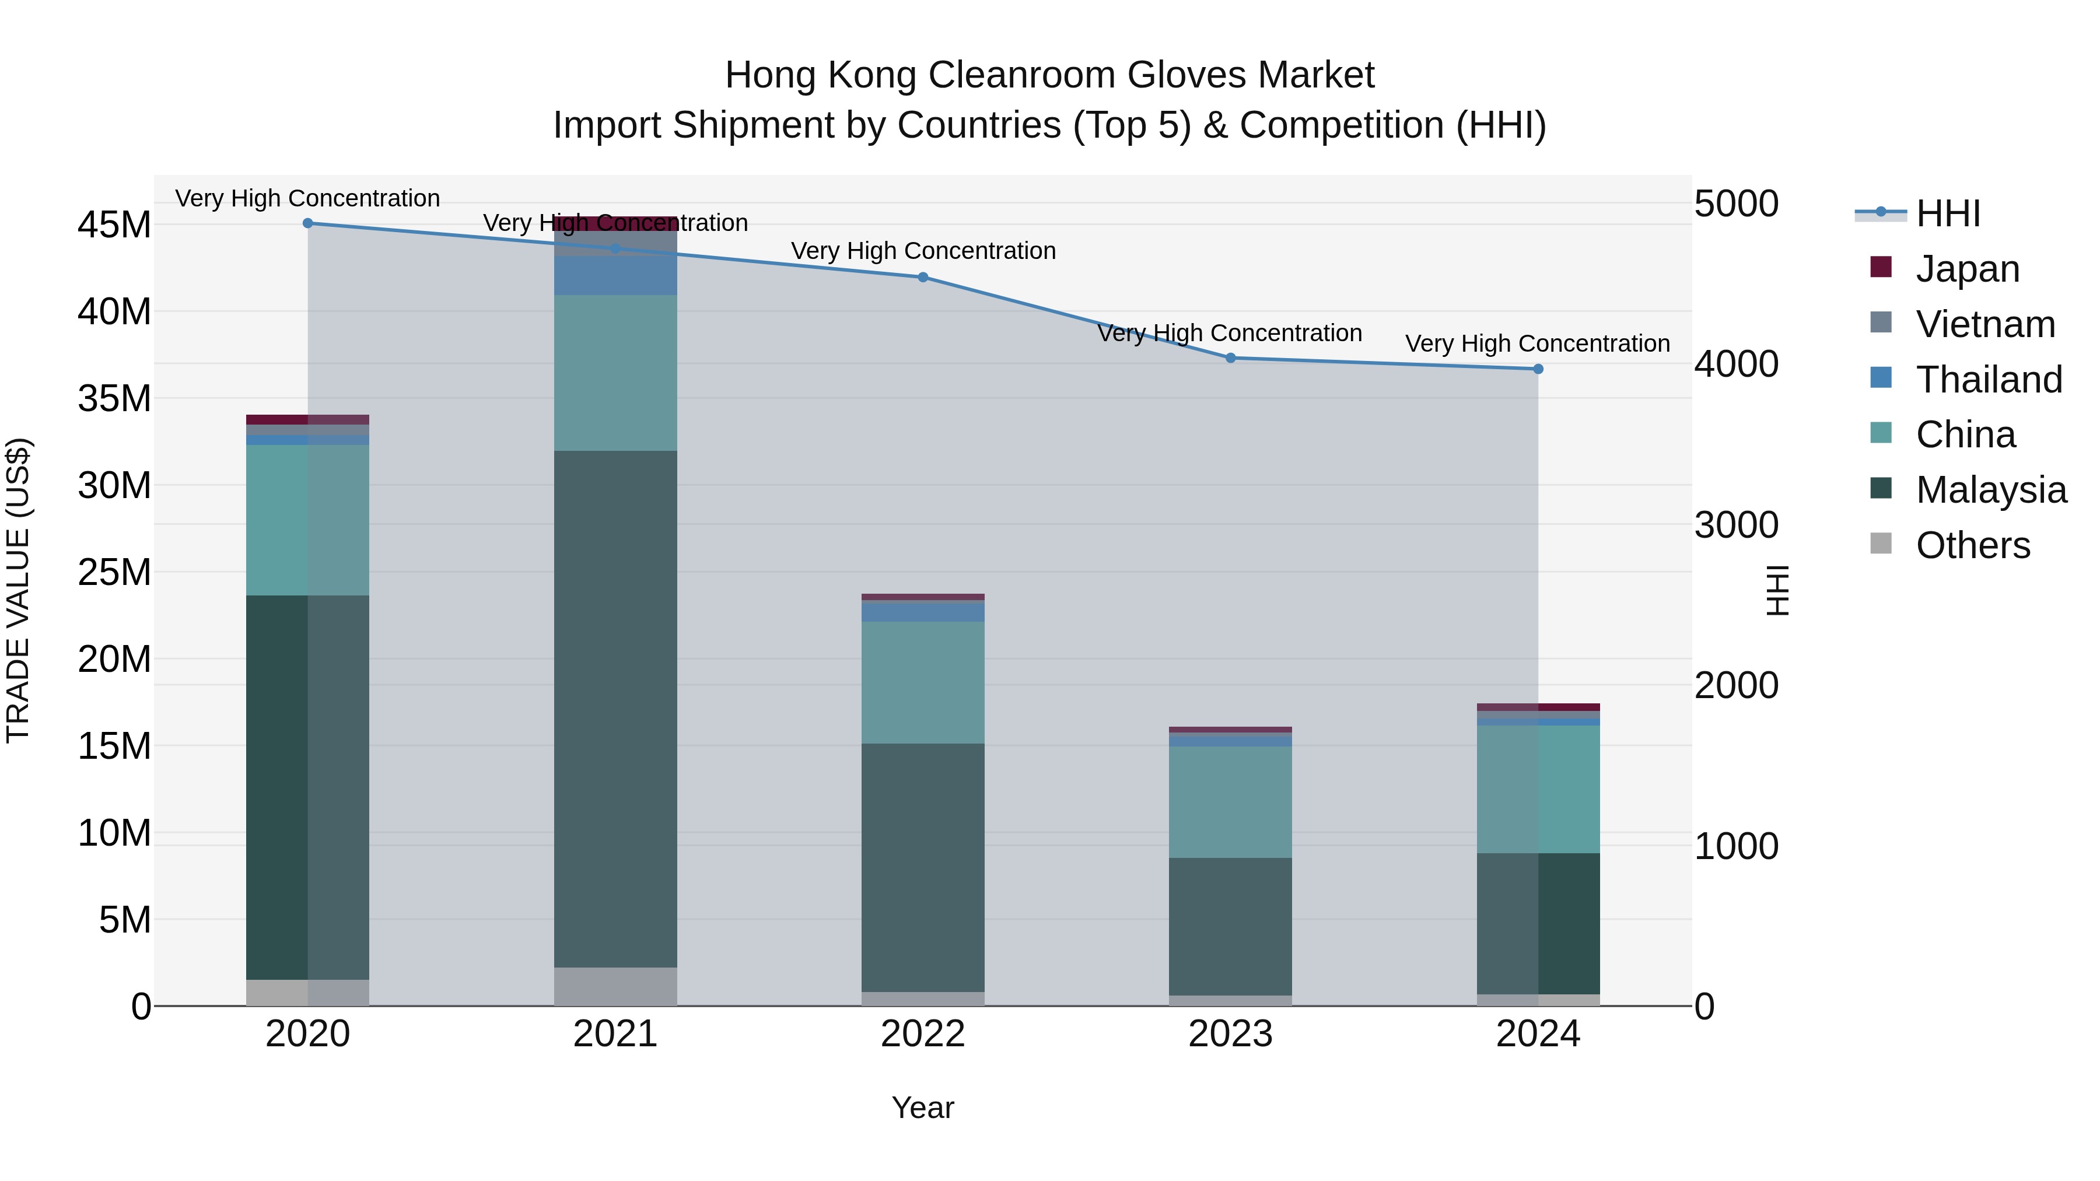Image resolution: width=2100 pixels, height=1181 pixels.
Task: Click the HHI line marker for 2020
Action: tap(307, 223)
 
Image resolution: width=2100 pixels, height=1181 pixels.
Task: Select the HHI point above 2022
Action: tap(923, 277)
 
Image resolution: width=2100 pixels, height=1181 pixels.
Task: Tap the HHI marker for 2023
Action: tap(1230, 358)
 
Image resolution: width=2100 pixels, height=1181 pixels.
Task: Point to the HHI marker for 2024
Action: tap(1538, 369)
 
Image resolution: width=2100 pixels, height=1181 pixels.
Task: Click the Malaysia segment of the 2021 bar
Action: tap(615, 709)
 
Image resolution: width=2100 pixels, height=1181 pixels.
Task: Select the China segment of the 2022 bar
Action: tap(923, 682)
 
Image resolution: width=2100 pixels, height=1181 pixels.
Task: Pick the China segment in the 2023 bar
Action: tap(1230, 802)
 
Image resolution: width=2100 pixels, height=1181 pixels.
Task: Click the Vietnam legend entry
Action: tap(1985, 324)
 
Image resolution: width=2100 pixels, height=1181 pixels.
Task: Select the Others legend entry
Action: tap(1973, 545)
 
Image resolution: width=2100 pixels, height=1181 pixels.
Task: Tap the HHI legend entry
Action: tap(1948, 213)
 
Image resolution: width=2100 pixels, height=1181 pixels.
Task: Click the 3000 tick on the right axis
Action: tap(1737, 525)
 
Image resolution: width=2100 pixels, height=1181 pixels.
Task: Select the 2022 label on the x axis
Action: tap(923, 1034)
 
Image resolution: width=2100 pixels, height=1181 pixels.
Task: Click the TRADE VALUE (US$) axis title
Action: tap(18, 590)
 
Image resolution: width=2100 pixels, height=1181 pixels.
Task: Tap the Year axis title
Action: tap(923, 1108)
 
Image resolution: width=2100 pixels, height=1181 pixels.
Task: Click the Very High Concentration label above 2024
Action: tap(1538, 344)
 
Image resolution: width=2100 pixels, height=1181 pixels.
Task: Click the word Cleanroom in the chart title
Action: tap(1022, 75)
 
